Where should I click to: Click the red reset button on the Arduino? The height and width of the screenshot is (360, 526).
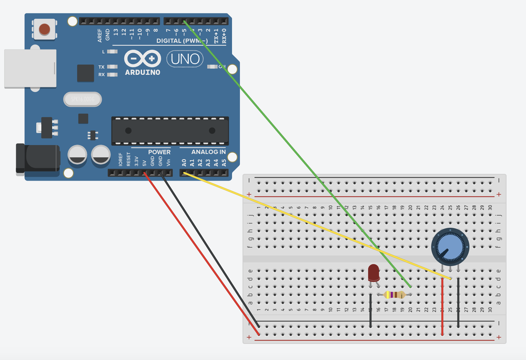click(45, 28)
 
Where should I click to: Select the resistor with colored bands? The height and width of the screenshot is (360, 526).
click(395, 295)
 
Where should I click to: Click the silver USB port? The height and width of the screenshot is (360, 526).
click(30, 68)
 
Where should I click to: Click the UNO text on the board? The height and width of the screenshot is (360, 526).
click(184, 58)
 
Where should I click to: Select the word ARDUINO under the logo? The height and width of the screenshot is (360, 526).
click(143, 72)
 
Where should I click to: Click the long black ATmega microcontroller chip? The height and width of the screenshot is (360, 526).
click(170, 131)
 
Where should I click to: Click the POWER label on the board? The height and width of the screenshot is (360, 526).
click(159, 152)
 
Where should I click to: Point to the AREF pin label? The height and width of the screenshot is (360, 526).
click(100, 36)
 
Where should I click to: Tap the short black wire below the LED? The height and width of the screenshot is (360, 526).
click(371, 311)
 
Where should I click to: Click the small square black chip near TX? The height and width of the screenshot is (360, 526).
click(85, 73)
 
